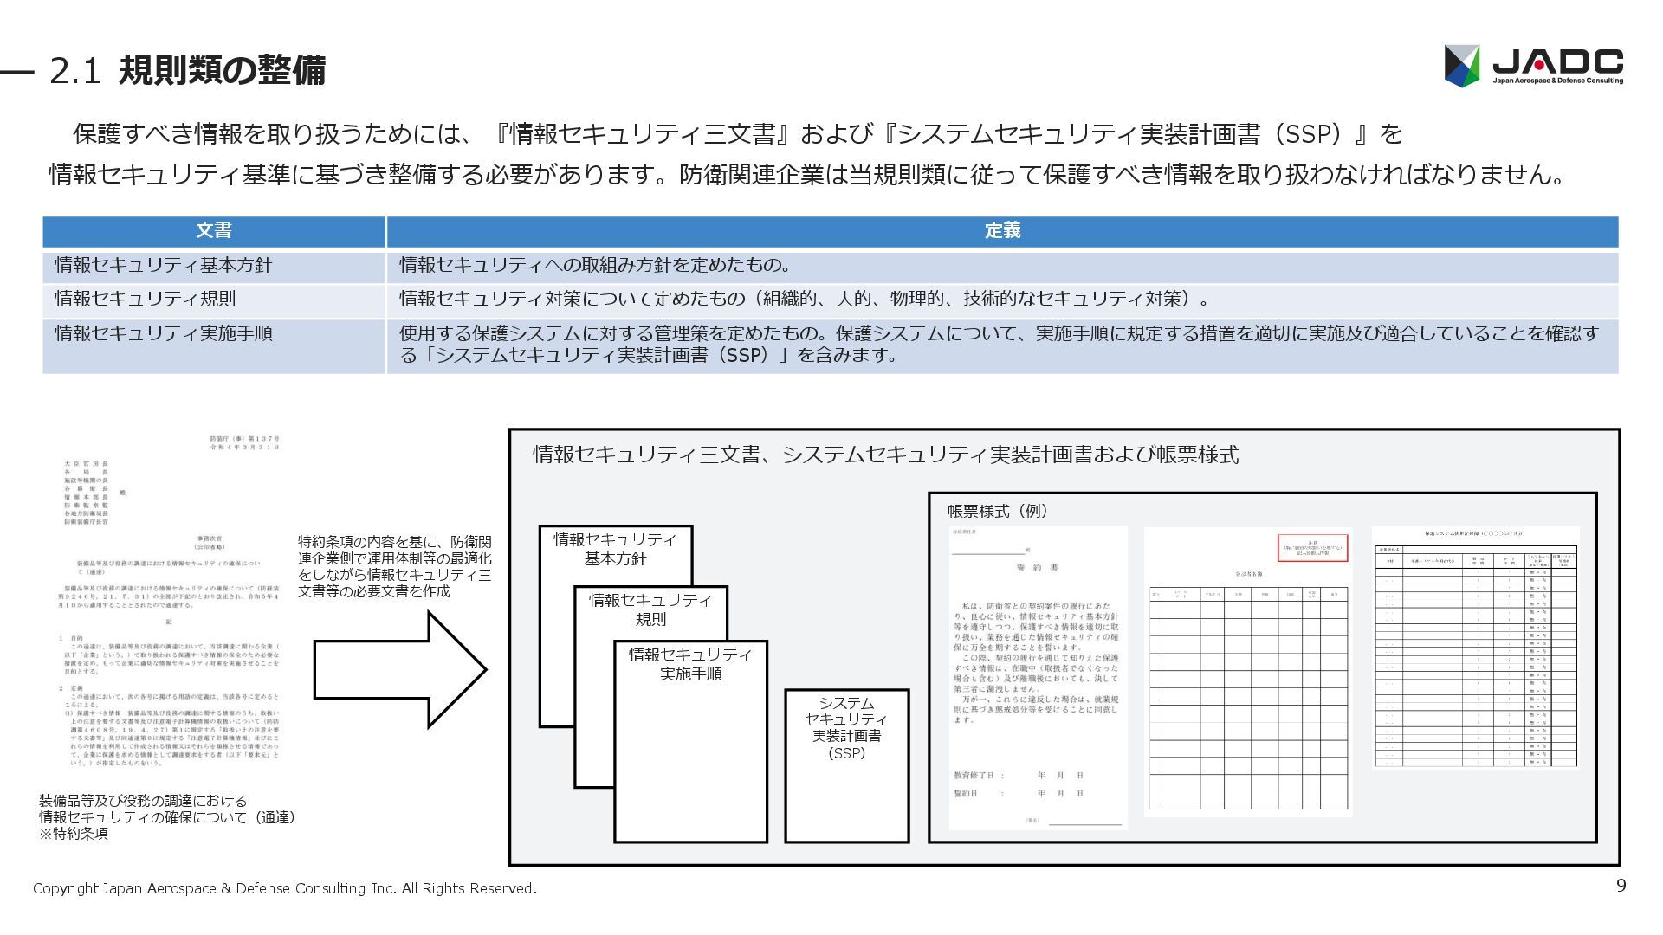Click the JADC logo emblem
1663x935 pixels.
pyautogui.click(x=1462, y=66)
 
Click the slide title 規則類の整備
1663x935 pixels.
pyautogui.click(x=222, y=70)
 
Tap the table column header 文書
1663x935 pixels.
pyautogui.click(x=214, y=231)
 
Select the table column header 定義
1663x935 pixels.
pyautogui.click(x=1002, y=231)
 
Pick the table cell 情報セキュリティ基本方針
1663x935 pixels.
pyautogui.click(x=164, y=266)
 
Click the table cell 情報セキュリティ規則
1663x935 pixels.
pyautogui.click(x=146, y=300)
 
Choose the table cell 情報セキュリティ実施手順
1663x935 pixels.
pyautogui.click(x=164, y=333)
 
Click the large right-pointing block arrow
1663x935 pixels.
pyautogui.click(x=399, y=669)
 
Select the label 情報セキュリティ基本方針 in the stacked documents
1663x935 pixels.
pyautogui.click(x=615, y=549)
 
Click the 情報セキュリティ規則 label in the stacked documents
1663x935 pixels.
pyautogui.click(x=650, y=609)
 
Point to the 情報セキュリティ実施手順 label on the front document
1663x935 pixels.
pyautogui.click(x=690, y=664)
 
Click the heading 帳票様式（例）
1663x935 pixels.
pyautogui.click(x=998, y=512)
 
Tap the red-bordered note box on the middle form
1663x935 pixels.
pyautogui.click(x=1313, y=548)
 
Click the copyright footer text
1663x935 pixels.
pyautogui.click(x=284, y=888)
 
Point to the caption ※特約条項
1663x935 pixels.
pyautogui.click(x=74, y=834)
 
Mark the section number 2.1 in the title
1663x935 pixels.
pyautogui.click(x=76, y=71)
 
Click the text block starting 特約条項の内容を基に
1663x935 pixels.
pyautogui.click(x=394, y=566)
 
